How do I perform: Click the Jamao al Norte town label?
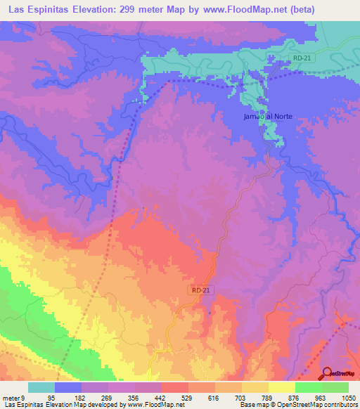[266, 117]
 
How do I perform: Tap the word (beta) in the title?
[295, 10]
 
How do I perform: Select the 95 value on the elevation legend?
[69, 398]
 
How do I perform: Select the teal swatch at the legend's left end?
[41, 387]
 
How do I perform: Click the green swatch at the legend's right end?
[335, 387]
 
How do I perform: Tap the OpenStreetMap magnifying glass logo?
[328, 372]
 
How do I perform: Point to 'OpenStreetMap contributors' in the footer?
[323, 405]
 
